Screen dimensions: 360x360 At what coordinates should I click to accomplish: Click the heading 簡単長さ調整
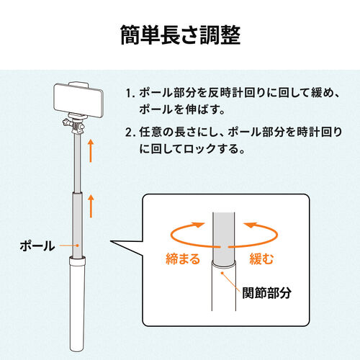180,35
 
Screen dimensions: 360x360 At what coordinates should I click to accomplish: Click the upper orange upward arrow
91,151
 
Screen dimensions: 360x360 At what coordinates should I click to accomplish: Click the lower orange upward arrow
91,206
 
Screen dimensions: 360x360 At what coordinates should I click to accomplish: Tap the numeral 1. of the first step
130,94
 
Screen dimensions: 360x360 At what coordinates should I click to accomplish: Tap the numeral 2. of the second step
130,133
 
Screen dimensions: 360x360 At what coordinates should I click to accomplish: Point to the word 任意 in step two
150,133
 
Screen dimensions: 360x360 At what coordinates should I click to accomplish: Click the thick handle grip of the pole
76,302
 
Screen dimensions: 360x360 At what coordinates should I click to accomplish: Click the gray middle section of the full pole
76,220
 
